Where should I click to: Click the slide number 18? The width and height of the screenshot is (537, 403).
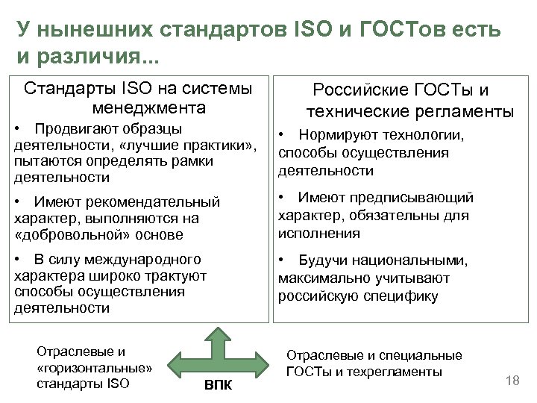click(x=512, y=381)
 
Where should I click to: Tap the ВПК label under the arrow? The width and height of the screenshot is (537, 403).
click(x=218, y=385)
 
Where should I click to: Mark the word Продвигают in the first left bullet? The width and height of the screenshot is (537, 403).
click(x=70, y=129)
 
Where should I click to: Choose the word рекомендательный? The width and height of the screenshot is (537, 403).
click(x=153, y=201)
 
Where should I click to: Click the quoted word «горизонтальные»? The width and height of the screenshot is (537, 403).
click(x=94, y=368)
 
